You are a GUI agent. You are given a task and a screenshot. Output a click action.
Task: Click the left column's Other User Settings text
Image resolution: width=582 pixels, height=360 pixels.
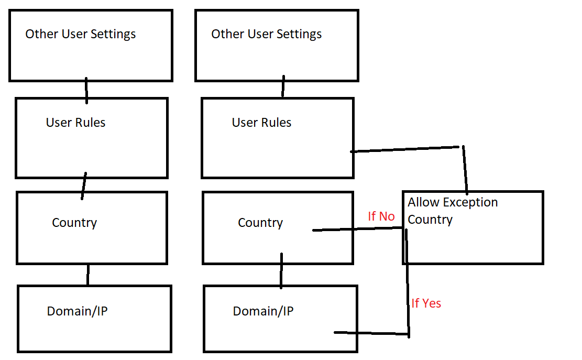(81, 35)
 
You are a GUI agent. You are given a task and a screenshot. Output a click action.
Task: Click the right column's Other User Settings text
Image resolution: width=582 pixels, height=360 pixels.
(266, 35)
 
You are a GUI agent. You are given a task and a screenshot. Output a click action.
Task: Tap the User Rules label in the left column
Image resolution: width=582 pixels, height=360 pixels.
(76, 123)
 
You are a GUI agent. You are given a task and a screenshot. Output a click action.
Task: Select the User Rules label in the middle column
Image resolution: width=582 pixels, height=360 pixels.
(261, 123)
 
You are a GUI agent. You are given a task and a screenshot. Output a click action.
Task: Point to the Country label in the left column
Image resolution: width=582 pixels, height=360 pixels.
(74, 223)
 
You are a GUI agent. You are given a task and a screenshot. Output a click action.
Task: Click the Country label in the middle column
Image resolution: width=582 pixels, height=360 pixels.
(260, 223)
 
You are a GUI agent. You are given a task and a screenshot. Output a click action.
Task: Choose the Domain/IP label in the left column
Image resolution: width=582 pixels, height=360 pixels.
(78, 311)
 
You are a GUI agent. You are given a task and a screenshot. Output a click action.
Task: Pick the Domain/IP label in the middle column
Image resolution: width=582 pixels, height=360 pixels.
(263, 311)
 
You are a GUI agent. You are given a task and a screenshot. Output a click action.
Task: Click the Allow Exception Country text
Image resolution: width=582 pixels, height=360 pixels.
(453, 211)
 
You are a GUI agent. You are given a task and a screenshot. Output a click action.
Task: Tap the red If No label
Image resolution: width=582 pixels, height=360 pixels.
(381, 216)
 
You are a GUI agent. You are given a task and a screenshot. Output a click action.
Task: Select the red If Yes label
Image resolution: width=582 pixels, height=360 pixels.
(426, 303)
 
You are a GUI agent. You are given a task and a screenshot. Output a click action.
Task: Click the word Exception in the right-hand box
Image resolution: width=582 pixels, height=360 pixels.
(470, 202)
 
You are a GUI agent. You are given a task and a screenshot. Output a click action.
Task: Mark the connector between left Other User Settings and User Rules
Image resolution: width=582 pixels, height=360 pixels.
(86, 90)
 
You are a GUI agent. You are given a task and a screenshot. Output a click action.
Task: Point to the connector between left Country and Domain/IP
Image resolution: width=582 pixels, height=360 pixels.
(88, 275)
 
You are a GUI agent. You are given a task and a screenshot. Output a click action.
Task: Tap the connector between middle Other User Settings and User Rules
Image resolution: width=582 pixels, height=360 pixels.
(283, 86)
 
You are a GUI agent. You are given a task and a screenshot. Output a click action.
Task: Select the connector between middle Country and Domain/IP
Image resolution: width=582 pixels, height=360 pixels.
(281, 271)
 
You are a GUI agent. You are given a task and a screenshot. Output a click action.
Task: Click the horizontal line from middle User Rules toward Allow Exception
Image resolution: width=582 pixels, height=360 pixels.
(406, 149)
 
